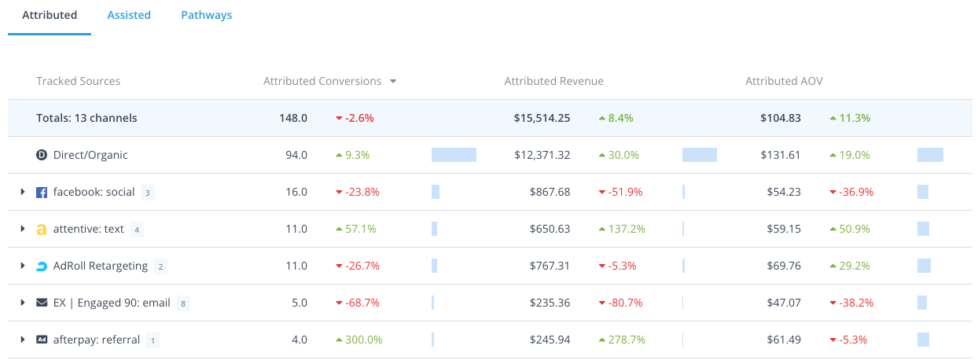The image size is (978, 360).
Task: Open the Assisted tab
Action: [x=129, y=15]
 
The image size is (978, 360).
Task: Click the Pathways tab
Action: [x=206, y=15]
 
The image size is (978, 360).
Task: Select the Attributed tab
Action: [x=50, y=15]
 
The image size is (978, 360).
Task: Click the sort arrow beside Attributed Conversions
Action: [x=393, y=81]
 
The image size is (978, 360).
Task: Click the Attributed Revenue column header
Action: [x=553, y=81]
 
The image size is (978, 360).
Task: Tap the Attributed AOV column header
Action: [x=784, y=81]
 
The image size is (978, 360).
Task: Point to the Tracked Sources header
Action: [x=78, y=81]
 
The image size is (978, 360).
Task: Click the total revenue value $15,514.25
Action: [x=542, y=118]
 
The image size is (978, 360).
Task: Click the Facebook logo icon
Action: [x=42, y=192]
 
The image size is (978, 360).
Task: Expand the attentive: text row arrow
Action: [x=23, y=229]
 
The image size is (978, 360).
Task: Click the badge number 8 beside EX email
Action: [x=182, y=303]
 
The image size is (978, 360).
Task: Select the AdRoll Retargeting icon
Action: [x=42, y=266]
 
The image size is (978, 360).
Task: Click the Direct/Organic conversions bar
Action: [x=454, y=155]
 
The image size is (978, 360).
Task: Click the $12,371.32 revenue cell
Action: [x=542, y=155]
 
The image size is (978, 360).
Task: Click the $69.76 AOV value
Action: [x=784, y=266]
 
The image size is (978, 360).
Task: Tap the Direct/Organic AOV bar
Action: [x=930, y=155]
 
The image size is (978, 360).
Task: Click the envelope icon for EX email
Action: [x=42, y=303]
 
